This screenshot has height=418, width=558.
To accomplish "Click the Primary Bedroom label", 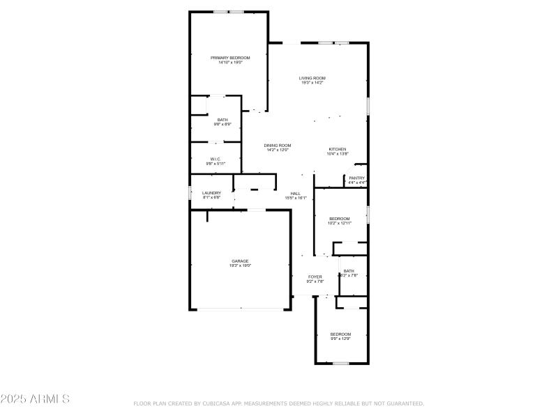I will tap(230, 58).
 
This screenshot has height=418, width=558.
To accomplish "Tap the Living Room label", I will tap(312, 78).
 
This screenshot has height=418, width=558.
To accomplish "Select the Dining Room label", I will tap(277, 145).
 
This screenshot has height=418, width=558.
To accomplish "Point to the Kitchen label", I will tap(338, 149).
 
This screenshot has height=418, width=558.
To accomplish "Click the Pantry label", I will tap(357, 178).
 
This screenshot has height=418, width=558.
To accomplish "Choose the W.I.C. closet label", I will tap(216, 159).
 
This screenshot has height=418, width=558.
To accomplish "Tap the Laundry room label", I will tap(211, 193).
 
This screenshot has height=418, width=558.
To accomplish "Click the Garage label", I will tap(240, 261).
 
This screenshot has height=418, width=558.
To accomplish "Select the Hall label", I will tap(296, 193).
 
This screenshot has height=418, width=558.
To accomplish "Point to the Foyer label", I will tap(315, 277).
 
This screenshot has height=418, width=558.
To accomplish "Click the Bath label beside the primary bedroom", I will tap(223, 120).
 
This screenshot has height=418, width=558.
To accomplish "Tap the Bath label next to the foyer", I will tap(349, 271).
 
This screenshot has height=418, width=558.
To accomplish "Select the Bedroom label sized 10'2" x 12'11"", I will tap(340, 219).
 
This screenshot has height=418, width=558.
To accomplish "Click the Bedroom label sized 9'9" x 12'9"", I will tap(340, 334).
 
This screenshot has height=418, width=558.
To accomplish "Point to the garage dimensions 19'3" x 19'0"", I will tap(240, 265).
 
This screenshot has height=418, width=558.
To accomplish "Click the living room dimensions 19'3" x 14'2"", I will tap(312, 83).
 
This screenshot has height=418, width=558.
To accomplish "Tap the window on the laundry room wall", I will tap(190, 193).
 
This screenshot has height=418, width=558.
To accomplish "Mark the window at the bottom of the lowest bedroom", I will tap(340, 363).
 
